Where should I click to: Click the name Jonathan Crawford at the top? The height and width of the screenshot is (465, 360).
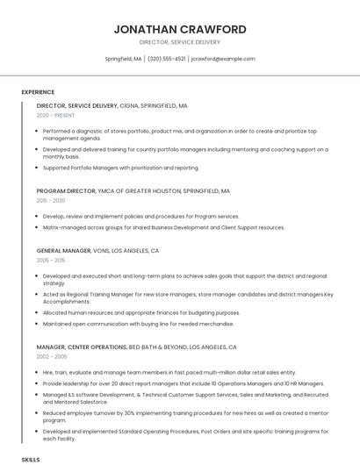tap(179, 29)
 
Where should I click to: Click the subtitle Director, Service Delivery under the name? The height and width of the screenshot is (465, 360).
tap(179, 42)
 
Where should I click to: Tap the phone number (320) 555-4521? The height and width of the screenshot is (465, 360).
tap(167, 59)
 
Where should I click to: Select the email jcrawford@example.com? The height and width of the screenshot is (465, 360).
tap(223, 59)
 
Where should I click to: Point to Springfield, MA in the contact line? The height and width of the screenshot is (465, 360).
tap(123, 59)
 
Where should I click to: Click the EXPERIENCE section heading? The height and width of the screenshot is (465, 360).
tap(38, 92)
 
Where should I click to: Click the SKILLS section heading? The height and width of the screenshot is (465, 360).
tap(31, 459)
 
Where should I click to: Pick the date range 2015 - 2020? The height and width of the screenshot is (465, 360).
tap(51, 200)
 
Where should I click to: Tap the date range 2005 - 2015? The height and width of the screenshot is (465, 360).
tap(51, 260)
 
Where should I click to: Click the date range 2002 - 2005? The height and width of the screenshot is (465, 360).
tap(51, 357)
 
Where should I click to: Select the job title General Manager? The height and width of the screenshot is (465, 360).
tap(65, 250)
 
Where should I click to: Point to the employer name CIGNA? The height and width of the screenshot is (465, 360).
tap(128, 105)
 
